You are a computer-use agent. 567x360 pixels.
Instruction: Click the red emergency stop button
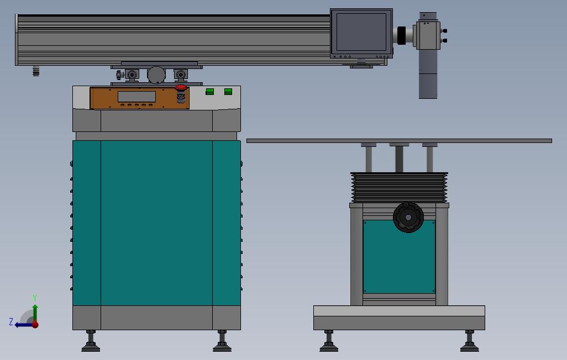[x=181, y=87]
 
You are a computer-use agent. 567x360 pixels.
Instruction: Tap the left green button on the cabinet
[x=210, y=92]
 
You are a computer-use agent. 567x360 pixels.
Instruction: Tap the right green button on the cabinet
[x=228, y=92]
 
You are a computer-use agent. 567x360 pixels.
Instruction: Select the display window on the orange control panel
[x=136, y=97]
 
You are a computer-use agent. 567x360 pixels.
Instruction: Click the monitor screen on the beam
[x=361, y=32]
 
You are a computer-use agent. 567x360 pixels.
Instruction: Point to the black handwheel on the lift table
[x=408, y=217]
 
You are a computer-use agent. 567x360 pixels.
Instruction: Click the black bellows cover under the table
[x=399, y=187]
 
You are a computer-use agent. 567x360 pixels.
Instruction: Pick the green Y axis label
[x=35, y=298]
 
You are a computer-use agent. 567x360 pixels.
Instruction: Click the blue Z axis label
[x=11, y=321]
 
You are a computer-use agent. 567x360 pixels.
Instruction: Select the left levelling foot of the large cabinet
[x=91, y=341]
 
